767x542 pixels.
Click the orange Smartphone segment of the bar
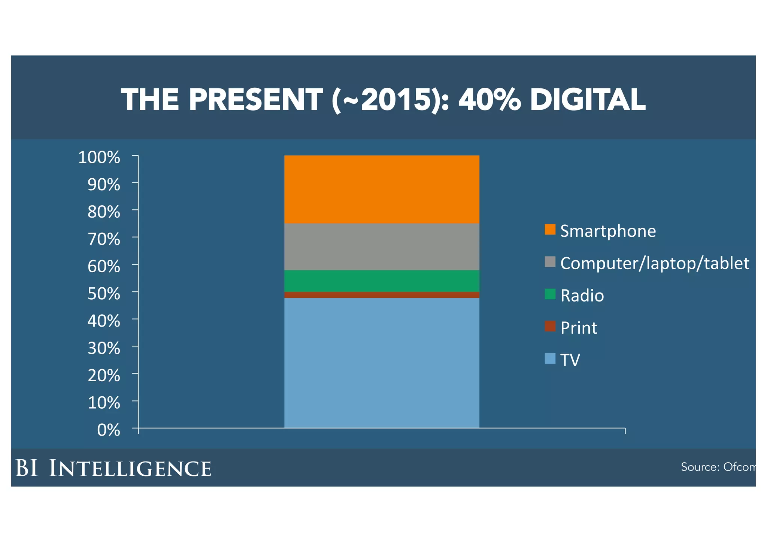click(382, 189)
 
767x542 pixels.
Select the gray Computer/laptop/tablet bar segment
click(382, 246)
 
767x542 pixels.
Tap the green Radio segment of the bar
click(382, 281)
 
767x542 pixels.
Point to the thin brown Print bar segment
click(382, 295)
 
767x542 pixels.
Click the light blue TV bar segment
click(382, 363)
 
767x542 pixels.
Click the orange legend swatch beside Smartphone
click(550, 229)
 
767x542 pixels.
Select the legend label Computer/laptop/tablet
click(654, 263)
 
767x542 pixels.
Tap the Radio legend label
click(582, 296)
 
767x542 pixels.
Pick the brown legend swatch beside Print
click(550, 326)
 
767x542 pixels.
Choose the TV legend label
click(570, 360)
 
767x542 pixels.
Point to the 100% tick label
click(99, 157)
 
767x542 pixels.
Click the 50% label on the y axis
click(104, 294)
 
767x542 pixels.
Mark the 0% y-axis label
click(109, 430)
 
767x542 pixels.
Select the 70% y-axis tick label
click(104, 239)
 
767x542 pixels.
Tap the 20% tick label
click(104, 375)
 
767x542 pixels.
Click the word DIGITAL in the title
click(588, 100)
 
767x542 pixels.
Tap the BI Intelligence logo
click(113, 468)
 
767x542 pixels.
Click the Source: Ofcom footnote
click(717, 467)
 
